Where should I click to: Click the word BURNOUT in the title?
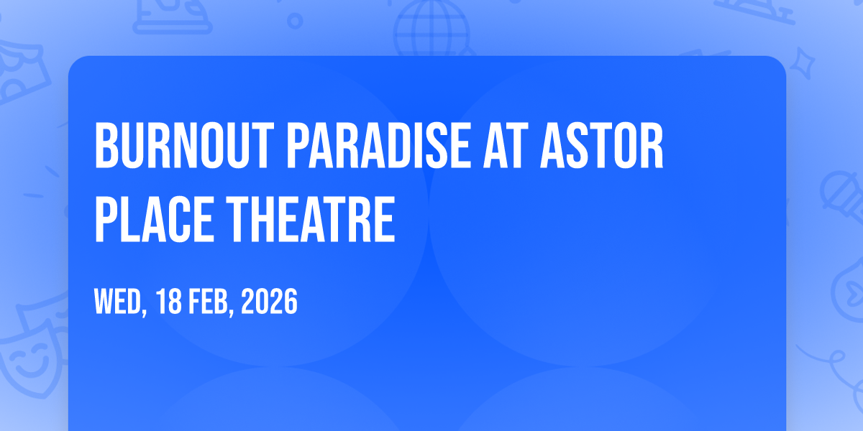click(185, 145)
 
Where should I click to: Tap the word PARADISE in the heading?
click(378, 145)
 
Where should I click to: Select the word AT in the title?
click(506, 145)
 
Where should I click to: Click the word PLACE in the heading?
click(154, 219)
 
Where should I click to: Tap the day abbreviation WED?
click(118, 301)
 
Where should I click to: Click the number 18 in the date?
click(168, 301)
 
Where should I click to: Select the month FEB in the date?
click(208, 301)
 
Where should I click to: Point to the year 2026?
click(269, 301)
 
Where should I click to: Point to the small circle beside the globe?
click(295, 21)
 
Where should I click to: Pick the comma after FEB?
click(231, 311)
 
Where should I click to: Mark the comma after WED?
click(145, 311)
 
